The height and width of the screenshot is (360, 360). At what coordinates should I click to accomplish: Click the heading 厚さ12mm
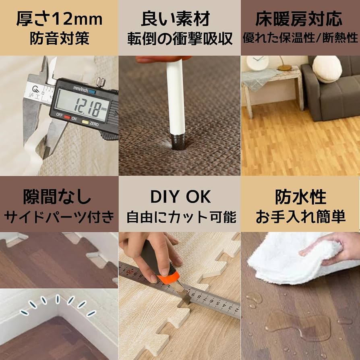click(59, 19)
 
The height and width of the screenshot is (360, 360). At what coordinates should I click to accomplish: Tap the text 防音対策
click(59, 39)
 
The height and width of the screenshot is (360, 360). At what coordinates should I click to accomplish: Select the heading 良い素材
click(180, 19)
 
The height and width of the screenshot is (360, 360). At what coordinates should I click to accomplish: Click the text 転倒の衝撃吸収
click(180, 39)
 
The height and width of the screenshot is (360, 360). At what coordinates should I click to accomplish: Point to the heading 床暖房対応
click(300, 19)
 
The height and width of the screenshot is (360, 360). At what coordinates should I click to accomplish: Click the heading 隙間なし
click(59, 197)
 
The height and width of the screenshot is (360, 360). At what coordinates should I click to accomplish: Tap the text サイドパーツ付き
click(59, 217)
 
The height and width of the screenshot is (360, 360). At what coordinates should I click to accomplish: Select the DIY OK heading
click(180, 197)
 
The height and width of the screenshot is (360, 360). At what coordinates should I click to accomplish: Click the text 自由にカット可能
click(180, 217)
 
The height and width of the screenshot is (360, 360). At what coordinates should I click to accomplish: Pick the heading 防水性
click(300, 197)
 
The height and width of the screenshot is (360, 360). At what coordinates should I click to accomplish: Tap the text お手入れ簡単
click(300, 217)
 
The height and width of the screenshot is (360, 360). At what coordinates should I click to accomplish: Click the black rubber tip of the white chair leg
click(177, 141)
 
